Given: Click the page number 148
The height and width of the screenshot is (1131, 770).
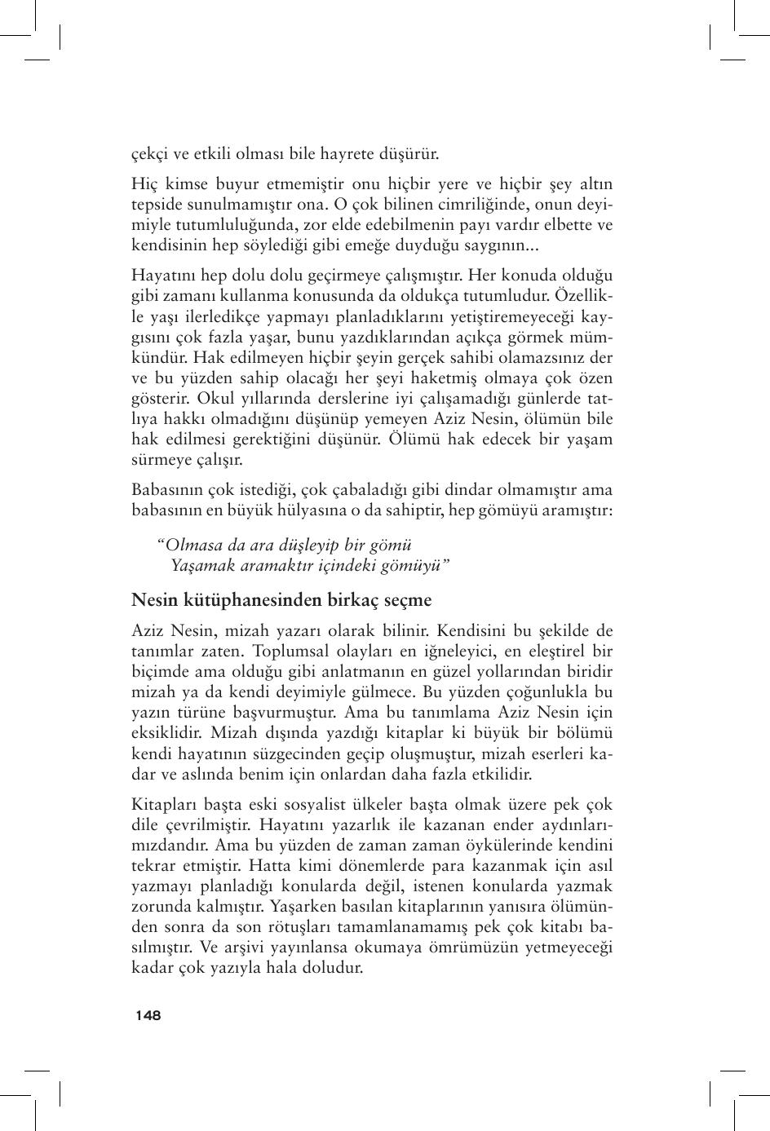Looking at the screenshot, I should coord(148,1015).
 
